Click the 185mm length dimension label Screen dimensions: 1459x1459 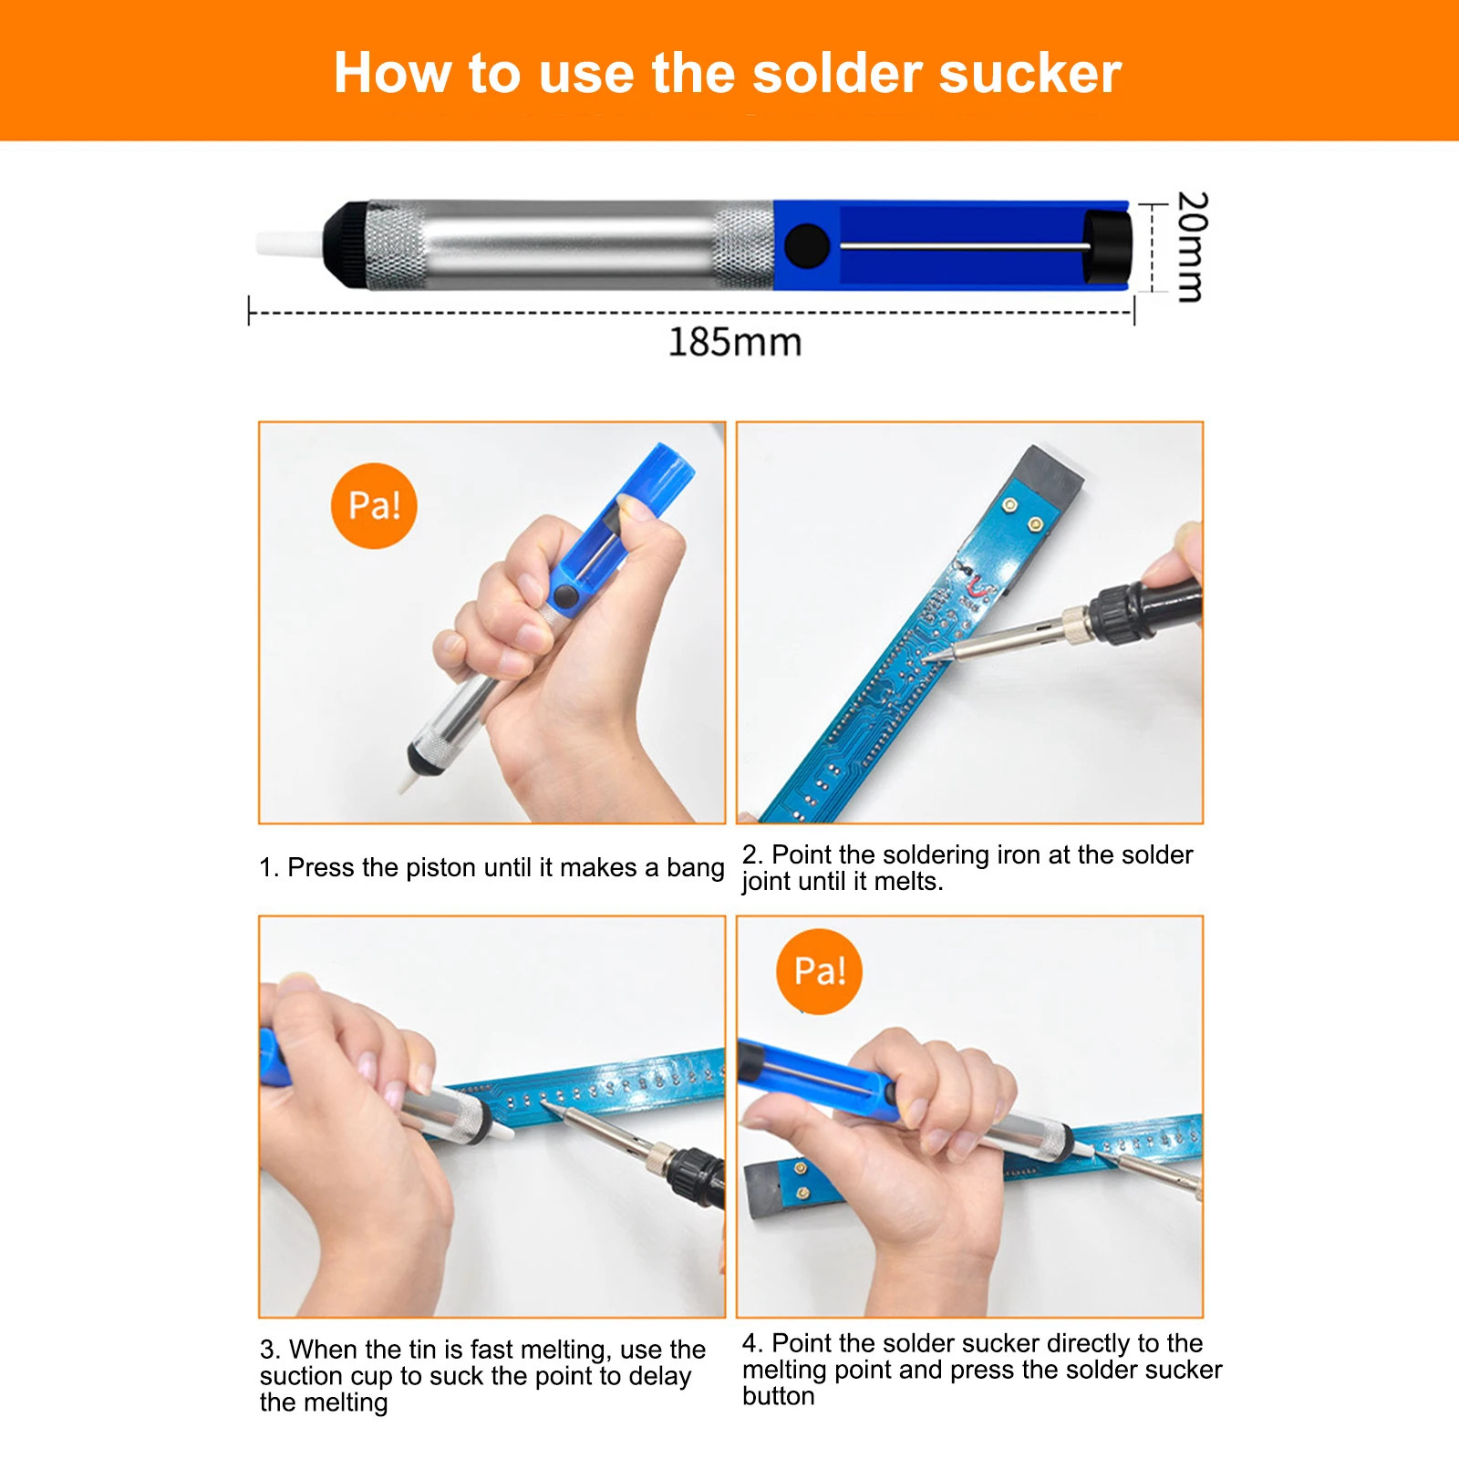click(x=735, y=342)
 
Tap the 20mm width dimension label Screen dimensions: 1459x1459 click(x=1192, y=246)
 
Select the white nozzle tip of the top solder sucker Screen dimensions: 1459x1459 click(x=289, y=244)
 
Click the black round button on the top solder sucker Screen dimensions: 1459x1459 click(x=806, y=246)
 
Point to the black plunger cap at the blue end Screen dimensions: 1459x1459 click(x=1107, y=246)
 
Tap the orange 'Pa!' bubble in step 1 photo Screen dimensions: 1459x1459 click(x=374, y=505)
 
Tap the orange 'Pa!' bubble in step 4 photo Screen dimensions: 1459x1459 click(x=819, y=971)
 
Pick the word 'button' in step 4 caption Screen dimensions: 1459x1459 click(x=779, y=1396)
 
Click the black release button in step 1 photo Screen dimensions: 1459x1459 click(x=565, y=597)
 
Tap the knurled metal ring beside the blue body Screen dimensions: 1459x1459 click(x=744, y=246)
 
